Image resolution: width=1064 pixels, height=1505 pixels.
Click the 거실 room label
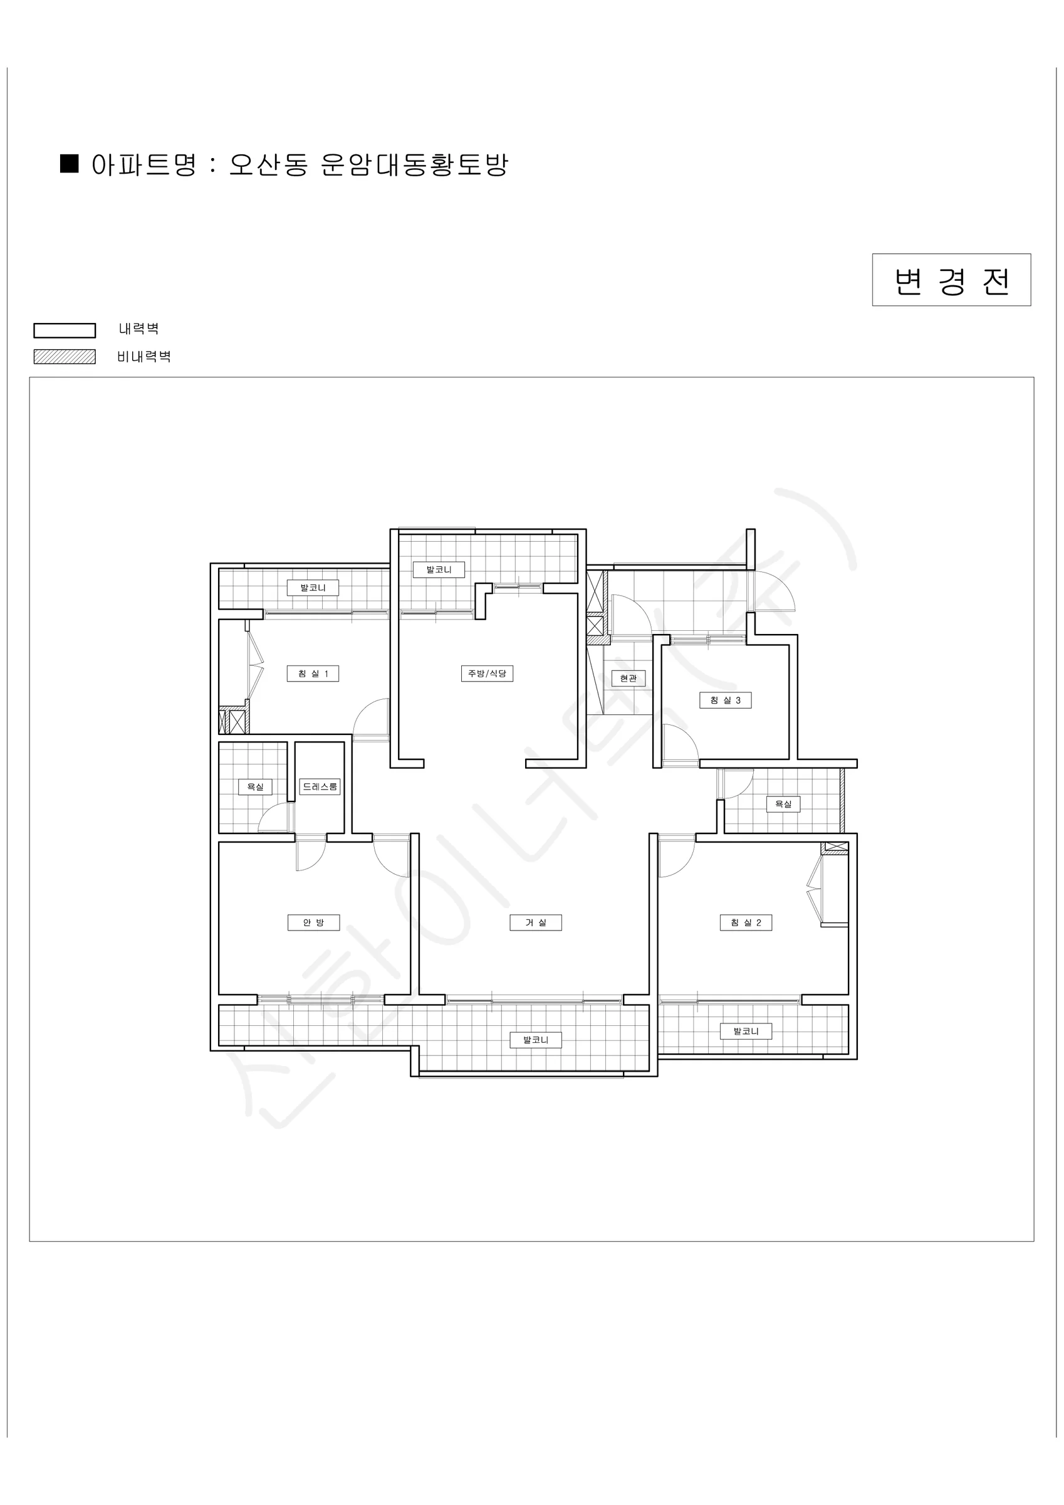pyautogui.click(x=535, y=922)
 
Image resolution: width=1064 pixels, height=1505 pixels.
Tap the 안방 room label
pyautogui.click(x=313, y=922)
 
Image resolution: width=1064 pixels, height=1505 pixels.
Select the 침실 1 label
pyautogui.click(x=313, y=673)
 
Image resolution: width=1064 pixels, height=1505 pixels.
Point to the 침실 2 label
pyautogui.click(x=746, y=922)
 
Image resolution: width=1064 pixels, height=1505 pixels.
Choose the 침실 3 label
pyautogui.click(x=725, y=700)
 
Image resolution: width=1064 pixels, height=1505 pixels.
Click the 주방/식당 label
pyautogui.click(x=487, y=673)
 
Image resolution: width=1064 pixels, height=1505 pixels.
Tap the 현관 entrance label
pyautogui.click(x=628, y=678)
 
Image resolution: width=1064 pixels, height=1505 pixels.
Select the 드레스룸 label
pyautogui.click(x=320, y=786)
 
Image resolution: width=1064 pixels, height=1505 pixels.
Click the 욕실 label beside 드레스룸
pyautogui.click(x=255, y=786)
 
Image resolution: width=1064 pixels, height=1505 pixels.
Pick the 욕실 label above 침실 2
pyautogui.click(x=783, y=804)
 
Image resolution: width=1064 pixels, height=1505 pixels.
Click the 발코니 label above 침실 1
pyautogui.click(x=313, y=588)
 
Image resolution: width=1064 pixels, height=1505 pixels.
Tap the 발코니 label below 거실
pyautogui.click(x=535, y=1040)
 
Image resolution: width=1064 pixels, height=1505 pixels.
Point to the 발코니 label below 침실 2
pyautogui.click(x=746, y=1031)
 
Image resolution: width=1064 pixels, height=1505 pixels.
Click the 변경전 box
pyautogui.click(x=951, y=280)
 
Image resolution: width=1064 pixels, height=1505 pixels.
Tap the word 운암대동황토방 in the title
pyautogui.click(x=415, y=164)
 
